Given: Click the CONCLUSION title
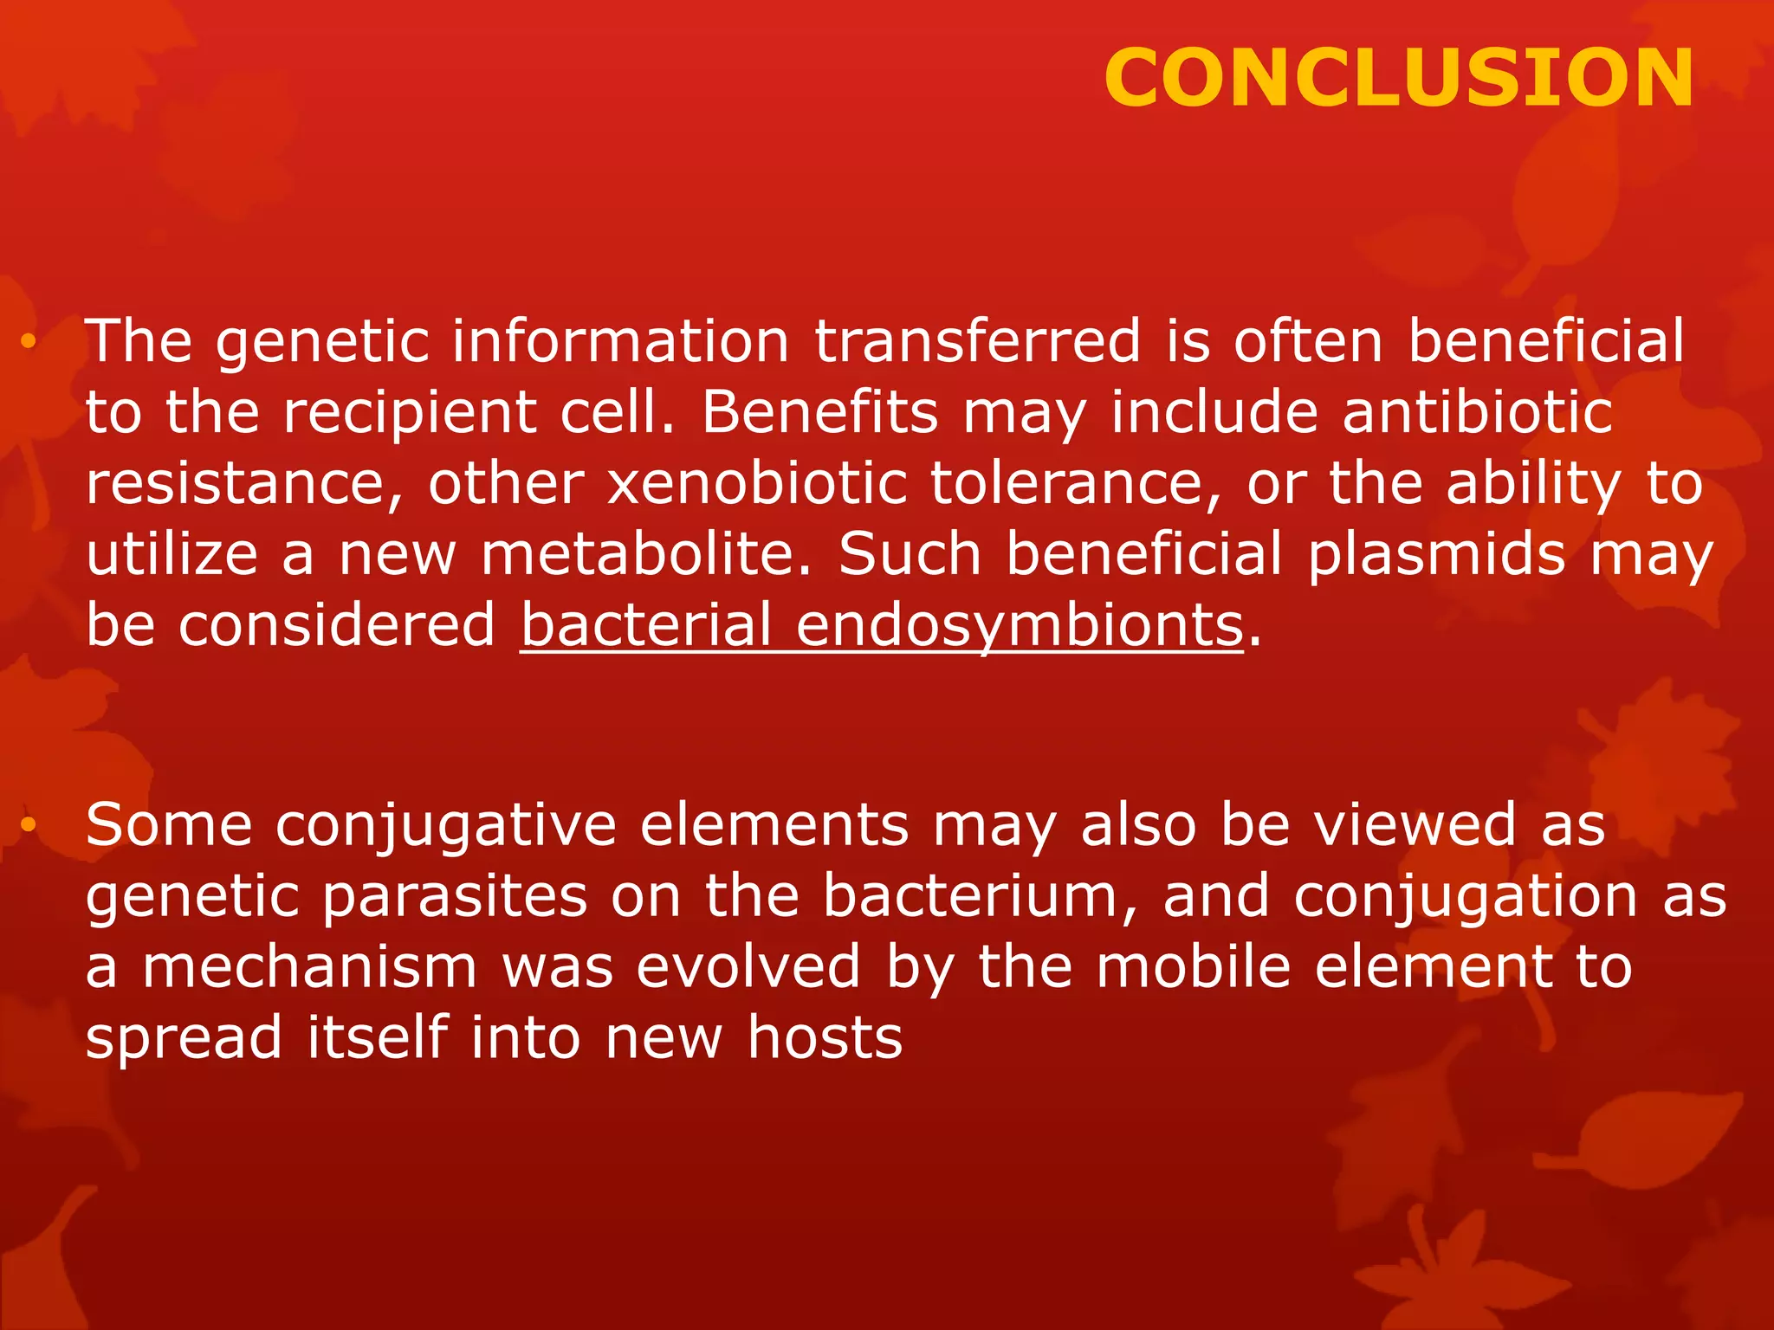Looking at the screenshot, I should click(x=1398, y=79).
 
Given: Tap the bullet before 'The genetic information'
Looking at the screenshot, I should click(x=29, y=343).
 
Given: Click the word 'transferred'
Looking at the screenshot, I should click(x=978, y=341).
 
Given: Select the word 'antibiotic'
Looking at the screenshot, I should click(x=1477, y=412).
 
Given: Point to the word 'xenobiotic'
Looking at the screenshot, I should click(x=757, y=483).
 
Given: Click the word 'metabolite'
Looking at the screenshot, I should click(x=638, y=554).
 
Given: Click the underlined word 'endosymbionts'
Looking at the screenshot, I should click(x=1020, y=625).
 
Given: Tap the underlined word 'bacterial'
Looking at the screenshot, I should click(x=645, y=625).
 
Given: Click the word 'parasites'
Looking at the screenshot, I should click(x=455, y=896).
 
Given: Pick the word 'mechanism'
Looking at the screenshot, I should click(x=309, y=967).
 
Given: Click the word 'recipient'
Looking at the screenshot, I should click(x=410, y=414).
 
